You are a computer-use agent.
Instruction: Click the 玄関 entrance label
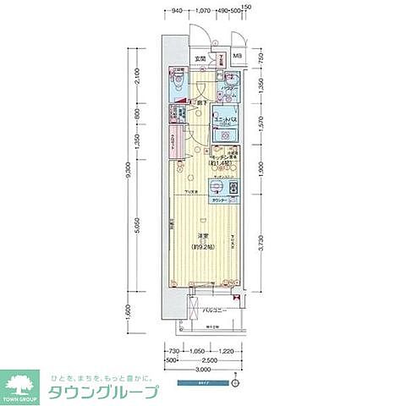(200, 58)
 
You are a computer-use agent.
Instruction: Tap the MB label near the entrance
(236, 58)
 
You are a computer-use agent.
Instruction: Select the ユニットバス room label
(223, 122)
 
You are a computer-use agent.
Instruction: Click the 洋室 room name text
(203, 235)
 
